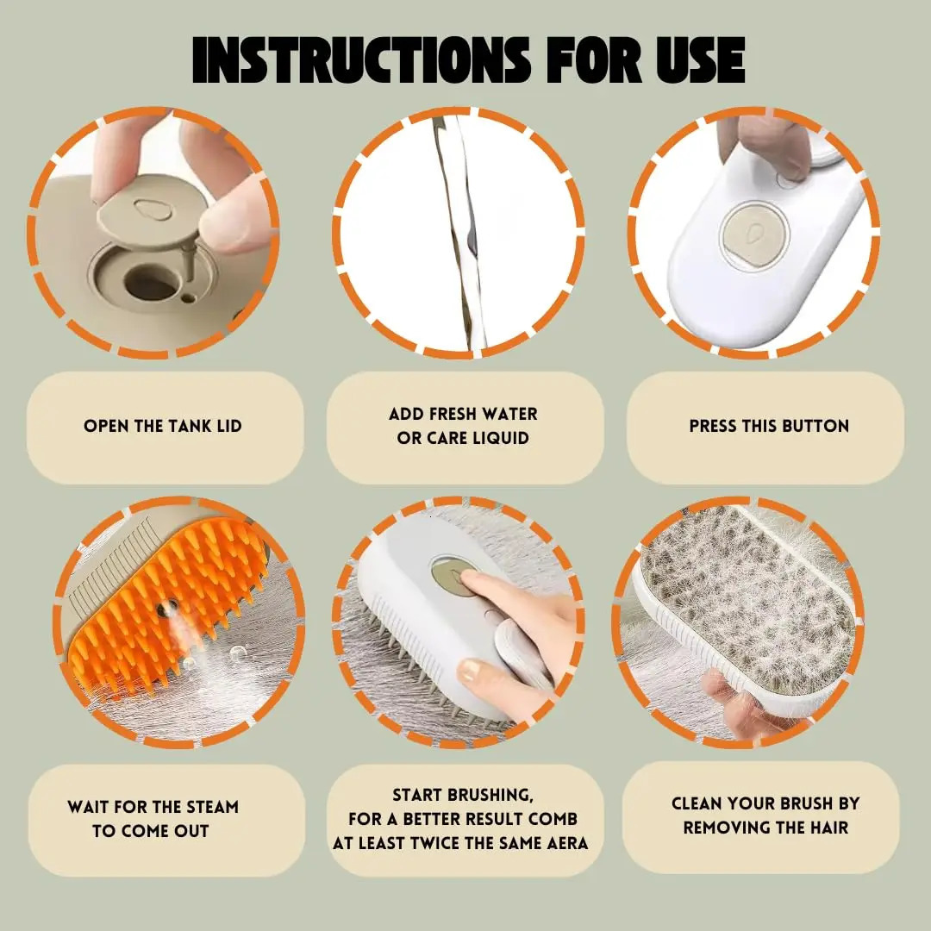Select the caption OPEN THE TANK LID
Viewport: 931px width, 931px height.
pos(163,426)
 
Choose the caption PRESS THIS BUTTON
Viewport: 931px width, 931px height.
pos(769,426)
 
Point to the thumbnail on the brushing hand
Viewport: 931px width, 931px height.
pos(469,671)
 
